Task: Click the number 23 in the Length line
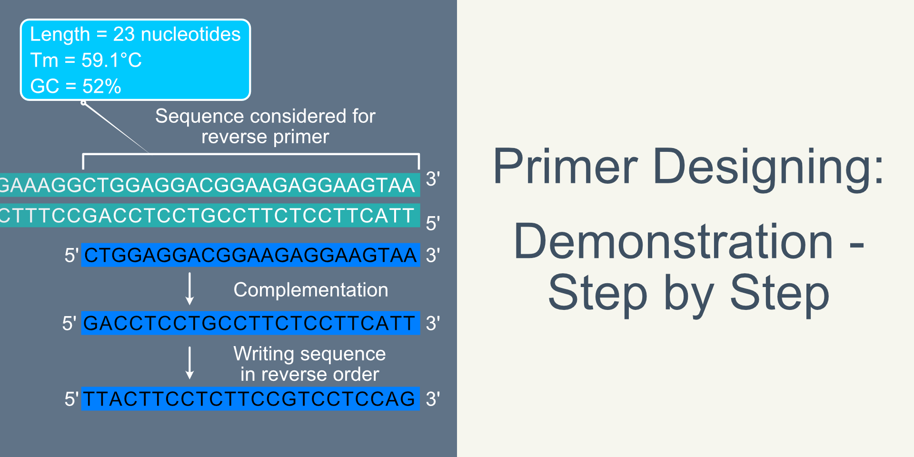pyautogui.click(x=124, y=34)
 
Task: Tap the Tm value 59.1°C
pyautogui.click(x=111, y=60)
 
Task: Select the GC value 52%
pyautogui.click(x=101, y=87)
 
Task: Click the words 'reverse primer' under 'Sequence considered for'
pyautogui.click(x=265, y=137)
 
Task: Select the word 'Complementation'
pyautogui.click(x=310, y=290)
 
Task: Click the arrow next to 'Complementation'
pyautogui.click(x=189, y=288)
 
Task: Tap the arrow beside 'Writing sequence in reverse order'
pyautogui.click(x=189, y=363)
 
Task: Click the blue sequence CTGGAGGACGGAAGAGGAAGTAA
pyautogui.click(x=250, y=255)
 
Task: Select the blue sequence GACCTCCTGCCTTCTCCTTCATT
pyautogui.click(x=249, y=323)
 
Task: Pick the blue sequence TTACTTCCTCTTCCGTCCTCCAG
pyautogui.click(x=249, y=399)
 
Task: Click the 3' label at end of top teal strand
pyautogui.click(x=432, y=179)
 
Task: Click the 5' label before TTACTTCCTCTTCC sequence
pyautogui.click(x=71, y=399)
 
